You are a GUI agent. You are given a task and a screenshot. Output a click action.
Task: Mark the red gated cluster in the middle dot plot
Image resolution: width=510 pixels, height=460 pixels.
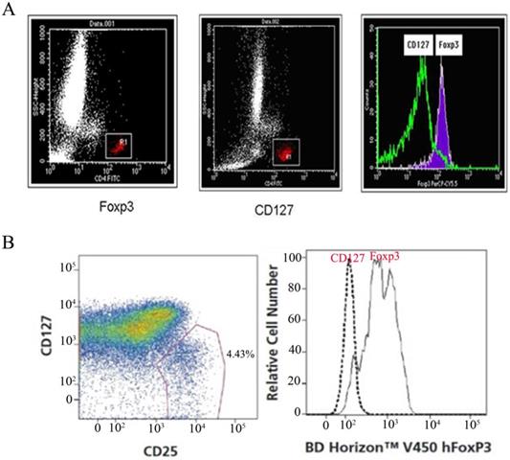tap(283, 150)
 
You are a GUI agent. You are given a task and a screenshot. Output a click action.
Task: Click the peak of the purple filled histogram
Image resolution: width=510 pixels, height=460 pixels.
tap(441, 69)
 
